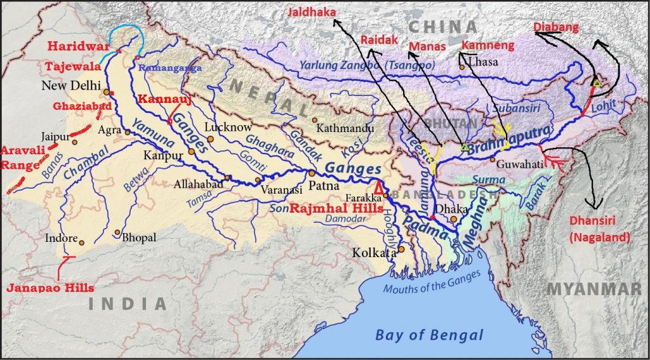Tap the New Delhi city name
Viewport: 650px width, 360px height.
pyautogui.click(x=70, y=86)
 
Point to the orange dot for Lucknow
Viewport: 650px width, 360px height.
pyautogui.click(x=210, y=139)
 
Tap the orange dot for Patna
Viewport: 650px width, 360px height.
pyautogui.click(x=312, y=173)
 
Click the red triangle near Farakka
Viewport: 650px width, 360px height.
pyautogui.click(x=379, y=187)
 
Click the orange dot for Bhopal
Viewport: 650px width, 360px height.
pyautogui.click(x=117, y=232)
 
